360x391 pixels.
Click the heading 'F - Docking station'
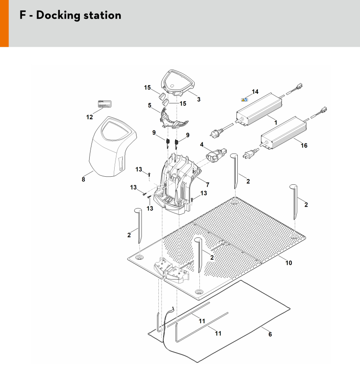70,15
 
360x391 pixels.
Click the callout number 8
83,180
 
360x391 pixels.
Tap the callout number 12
90,117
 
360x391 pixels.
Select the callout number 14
255,92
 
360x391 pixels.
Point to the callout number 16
304,146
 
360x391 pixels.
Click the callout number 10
289,263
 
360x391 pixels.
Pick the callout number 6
270,334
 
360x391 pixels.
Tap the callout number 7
207,184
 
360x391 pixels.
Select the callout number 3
199,99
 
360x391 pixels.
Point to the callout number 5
150,106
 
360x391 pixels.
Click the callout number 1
275,122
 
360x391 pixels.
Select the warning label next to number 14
245,100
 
